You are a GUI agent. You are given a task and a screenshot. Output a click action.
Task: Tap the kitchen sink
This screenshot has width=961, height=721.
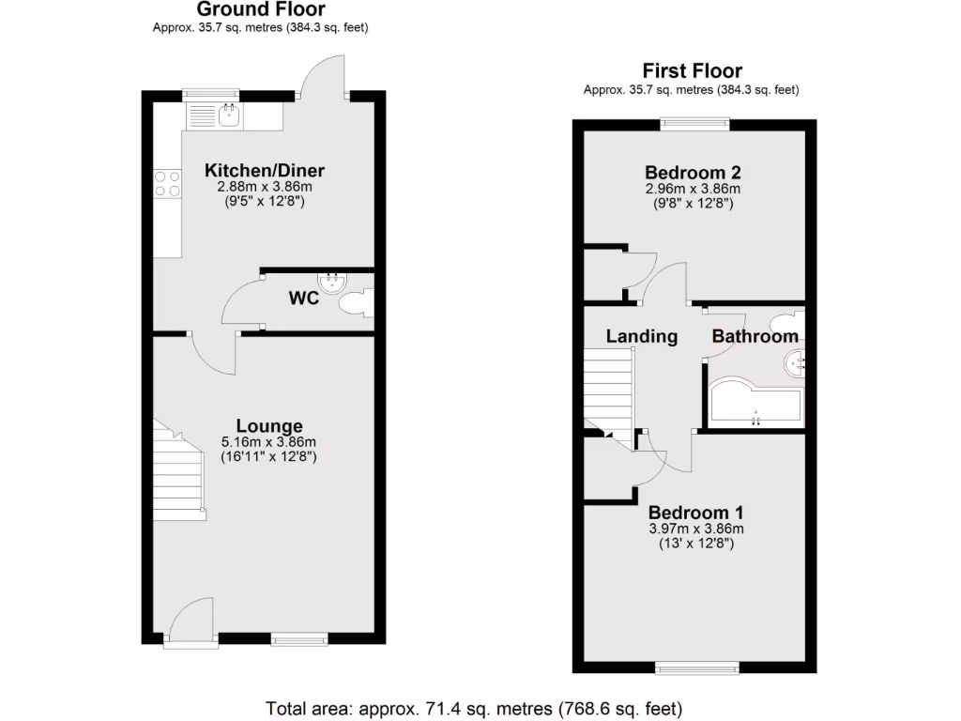click(228, 116)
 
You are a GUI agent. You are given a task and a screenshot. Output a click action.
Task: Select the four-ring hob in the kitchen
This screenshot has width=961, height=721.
click(168, 183)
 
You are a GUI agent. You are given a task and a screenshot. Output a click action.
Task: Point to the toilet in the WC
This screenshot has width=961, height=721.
click(357, 303)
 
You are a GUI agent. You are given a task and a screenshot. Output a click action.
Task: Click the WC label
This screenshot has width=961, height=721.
click(304, 299)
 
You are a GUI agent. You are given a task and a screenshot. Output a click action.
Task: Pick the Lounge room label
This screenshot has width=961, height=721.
click(268, 425)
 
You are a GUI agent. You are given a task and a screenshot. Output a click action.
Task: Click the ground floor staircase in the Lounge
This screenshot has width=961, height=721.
click(179, 474)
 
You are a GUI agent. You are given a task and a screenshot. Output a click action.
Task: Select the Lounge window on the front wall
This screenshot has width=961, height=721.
click(300, 640)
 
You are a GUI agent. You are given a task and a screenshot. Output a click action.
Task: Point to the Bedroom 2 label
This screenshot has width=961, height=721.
click(694, 173)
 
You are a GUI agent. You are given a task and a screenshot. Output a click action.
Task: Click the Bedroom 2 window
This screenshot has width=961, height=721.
click(694, 121)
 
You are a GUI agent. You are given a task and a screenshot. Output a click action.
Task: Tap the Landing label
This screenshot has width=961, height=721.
click(642, 336)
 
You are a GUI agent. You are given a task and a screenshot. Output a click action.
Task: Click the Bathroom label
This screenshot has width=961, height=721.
click(755, 336)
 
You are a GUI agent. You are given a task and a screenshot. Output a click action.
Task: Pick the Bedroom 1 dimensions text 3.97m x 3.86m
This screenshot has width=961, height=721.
click(695, 529)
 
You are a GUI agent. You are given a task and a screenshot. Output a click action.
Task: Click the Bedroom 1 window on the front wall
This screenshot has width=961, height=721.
click(696, 667)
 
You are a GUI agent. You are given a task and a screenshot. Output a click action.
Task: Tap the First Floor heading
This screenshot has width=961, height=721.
click(692, 70)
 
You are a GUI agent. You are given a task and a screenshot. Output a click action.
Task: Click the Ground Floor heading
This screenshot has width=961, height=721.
click(260, 9)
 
